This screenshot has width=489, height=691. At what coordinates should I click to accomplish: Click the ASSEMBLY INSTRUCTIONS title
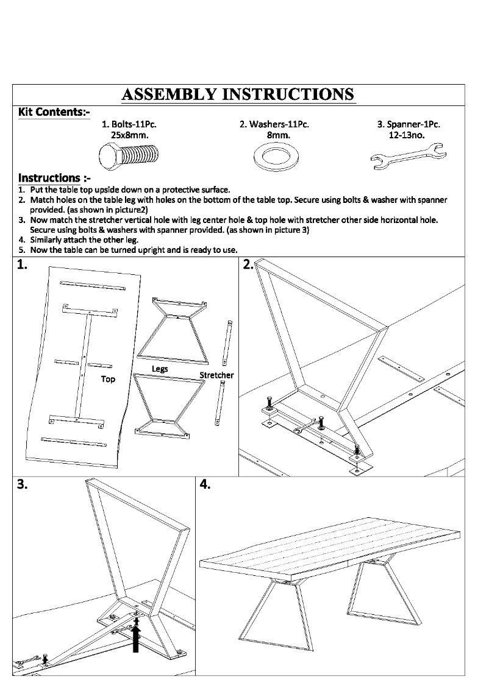pyautogui.click(x=238, y=94)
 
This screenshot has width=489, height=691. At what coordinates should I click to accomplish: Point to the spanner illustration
pyautogui.click(x=409, y=155)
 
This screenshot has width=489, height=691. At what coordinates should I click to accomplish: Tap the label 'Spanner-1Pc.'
pyautogui.click(x=409, y=124)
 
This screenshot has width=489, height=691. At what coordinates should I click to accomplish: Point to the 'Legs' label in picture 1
pyautogui.click(x=160, y=369)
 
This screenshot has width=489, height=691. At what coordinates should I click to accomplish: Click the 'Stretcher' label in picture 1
pyautogui.click(x=216, y=375)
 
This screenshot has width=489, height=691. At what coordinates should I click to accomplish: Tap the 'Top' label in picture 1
pyautogui.click(x=108, y=379)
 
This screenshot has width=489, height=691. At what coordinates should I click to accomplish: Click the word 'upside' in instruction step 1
pyautogui.click(x=96, y=190)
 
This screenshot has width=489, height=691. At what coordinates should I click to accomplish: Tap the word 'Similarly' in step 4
pyautogui.click(x=46, y=239)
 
